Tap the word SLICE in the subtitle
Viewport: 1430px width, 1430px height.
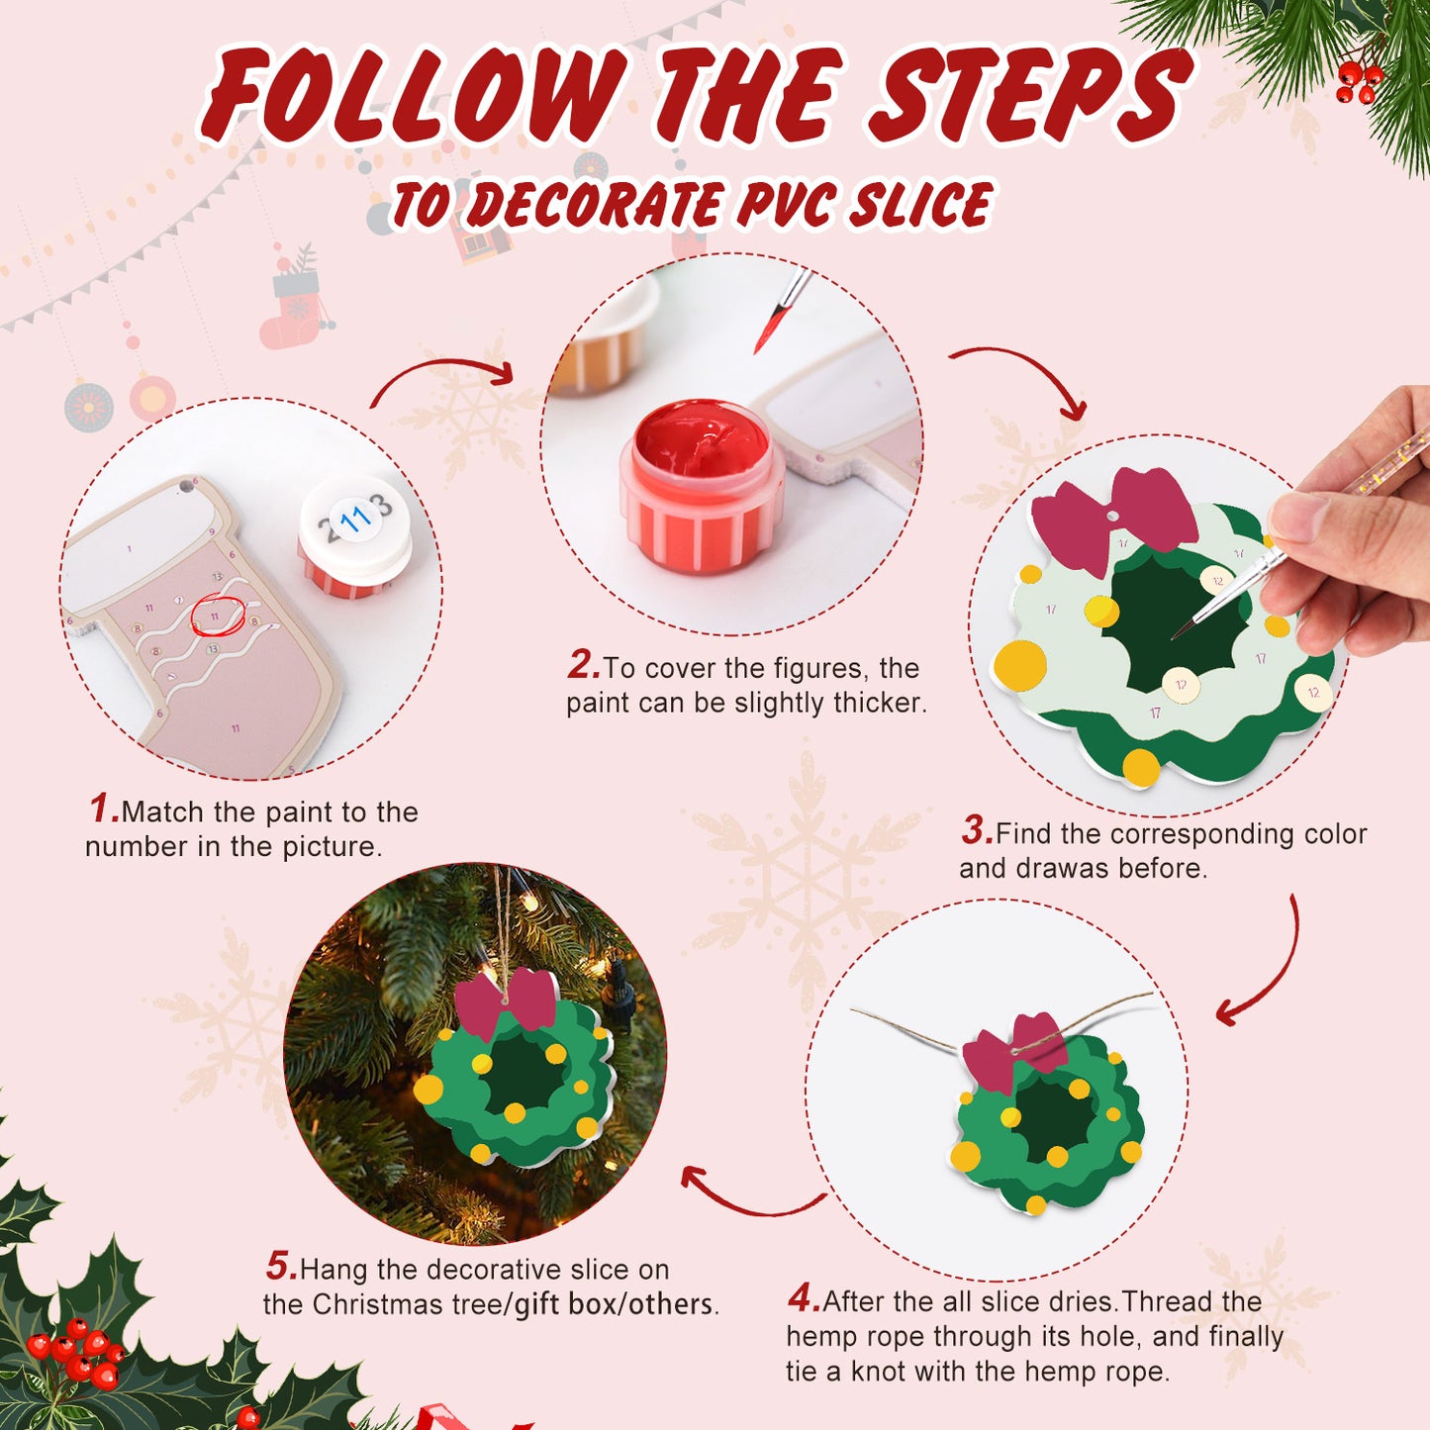(920, 205)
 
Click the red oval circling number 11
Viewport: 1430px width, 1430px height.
(217, 616)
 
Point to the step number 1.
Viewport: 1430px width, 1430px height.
(103, 810)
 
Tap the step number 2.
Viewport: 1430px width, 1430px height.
(583, 665)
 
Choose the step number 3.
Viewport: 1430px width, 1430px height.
(976, 831)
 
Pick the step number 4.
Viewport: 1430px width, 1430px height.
(803, 1298)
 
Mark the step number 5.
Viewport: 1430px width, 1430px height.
(280, 1267)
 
